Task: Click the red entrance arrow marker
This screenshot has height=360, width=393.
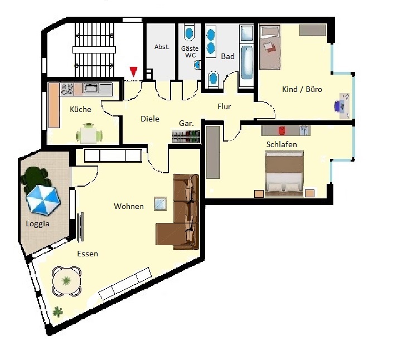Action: click(x=134, y=72)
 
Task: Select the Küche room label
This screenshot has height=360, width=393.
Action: click(x=80, y=109)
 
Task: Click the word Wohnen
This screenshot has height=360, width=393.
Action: click(x=129, y=206)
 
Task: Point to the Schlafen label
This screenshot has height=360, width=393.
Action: click(x=282, y=144)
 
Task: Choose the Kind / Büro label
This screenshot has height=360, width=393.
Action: click(x=302, y=89)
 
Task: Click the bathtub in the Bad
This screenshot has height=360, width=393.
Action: click(x=247, y=62)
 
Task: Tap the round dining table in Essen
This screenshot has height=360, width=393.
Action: click(x=66, y=281)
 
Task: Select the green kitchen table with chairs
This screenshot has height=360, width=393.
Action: click(x=90, y=134)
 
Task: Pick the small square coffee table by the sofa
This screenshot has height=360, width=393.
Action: click(x=160, y=203)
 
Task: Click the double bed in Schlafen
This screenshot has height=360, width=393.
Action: click(x=284, y=174)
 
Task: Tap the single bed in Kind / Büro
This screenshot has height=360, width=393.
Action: click(x=269, y=47)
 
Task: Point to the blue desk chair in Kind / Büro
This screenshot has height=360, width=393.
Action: click(x=339, y=105)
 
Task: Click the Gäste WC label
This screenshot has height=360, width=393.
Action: click(x=190, y=52)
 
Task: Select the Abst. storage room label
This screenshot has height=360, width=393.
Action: click(x=162, y=47)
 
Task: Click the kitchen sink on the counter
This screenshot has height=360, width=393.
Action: click(x=92, y=88)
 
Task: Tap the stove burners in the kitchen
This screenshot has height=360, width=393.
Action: click(x=67, y=89)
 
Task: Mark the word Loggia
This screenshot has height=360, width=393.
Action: click(x=37, y=223)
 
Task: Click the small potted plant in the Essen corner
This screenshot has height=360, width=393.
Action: click(x=57, y=312)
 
